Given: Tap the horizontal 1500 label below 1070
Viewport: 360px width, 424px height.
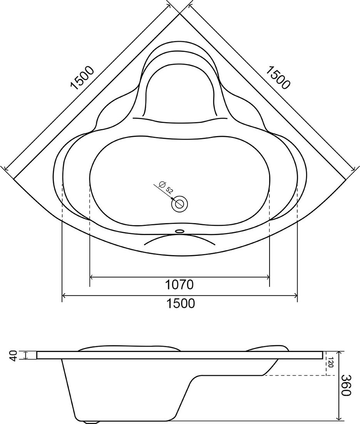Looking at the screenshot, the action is tap(180, 303).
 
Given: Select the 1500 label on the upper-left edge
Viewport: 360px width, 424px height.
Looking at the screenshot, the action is tap(82, 78).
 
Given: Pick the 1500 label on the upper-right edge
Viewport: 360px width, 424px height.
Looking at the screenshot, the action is tap(278, 77).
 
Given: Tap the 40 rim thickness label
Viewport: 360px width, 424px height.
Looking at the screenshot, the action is tap(14, 355).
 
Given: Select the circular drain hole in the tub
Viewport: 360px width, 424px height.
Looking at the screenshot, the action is tap(179, 204).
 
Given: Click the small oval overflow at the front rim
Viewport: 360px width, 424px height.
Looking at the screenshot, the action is tap(179, 231).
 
